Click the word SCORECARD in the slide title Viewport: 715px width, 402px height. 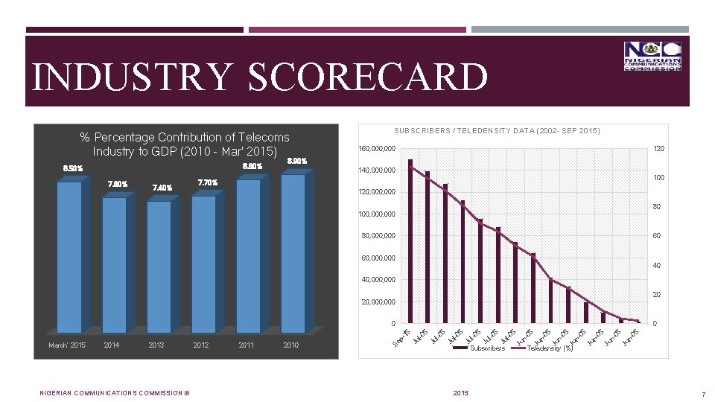[x=368, y=77]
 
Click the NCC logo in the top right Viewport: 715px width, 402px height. [x=652, y=56]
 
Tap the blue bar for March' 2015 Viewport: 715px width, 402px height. [x=69, y=257]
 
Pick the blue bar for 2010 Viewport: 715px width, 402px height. [x=293, y=253]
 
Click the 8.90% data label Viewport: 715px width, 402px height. [x=296, y=161]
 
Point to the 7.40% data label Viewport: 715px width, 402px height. [x=161, y=188]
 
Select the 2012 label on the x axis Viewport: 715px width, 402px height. [x=201, y=345]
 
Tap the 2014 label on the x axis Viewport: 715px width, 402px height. [x=112, y=345]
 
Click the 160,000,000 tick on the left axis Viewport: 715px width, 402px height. [x=378, y=149]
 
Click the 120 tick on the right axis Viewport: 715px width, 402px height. [x=658, y=149]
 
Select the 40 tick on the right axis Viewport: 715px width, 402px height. [x=657, y=266]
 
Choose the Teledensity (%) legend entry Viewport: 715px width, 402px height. [x=550, y=348]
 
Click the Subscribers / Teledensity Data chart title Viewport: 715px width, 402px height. [x=497, y=132]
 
